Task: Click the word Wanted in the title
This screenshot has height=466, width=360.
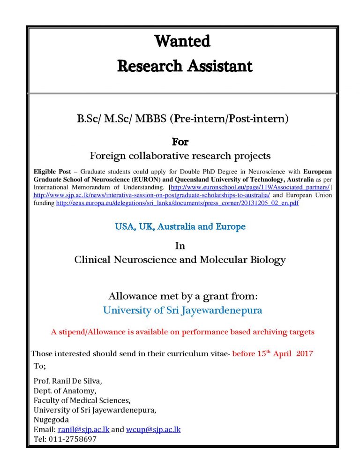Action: click(x=182, y=41)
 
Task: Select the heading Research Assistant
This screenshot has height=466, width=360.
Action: click(x=185, y=66)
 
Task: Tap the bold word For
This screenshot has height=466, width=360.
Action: click(x=180, y=141)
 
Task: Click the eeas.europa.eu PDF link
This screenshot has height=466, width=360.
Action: click(x=177, y=203)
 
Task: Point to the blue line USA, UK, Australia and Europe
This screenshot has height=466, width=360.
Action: click(x=180, y=227)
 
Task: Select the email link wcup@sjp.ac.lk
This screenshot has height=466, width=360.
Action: click(x=153, y=429)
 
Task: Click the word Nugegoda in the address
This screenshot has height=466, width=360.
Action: click(x=51, y=420)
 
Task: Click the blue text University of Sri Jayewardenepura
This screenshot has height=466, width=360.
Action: click(x=182, y=310)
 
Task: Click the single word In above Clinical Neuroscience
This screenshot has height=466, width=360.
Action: click(x=180, y=246)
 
